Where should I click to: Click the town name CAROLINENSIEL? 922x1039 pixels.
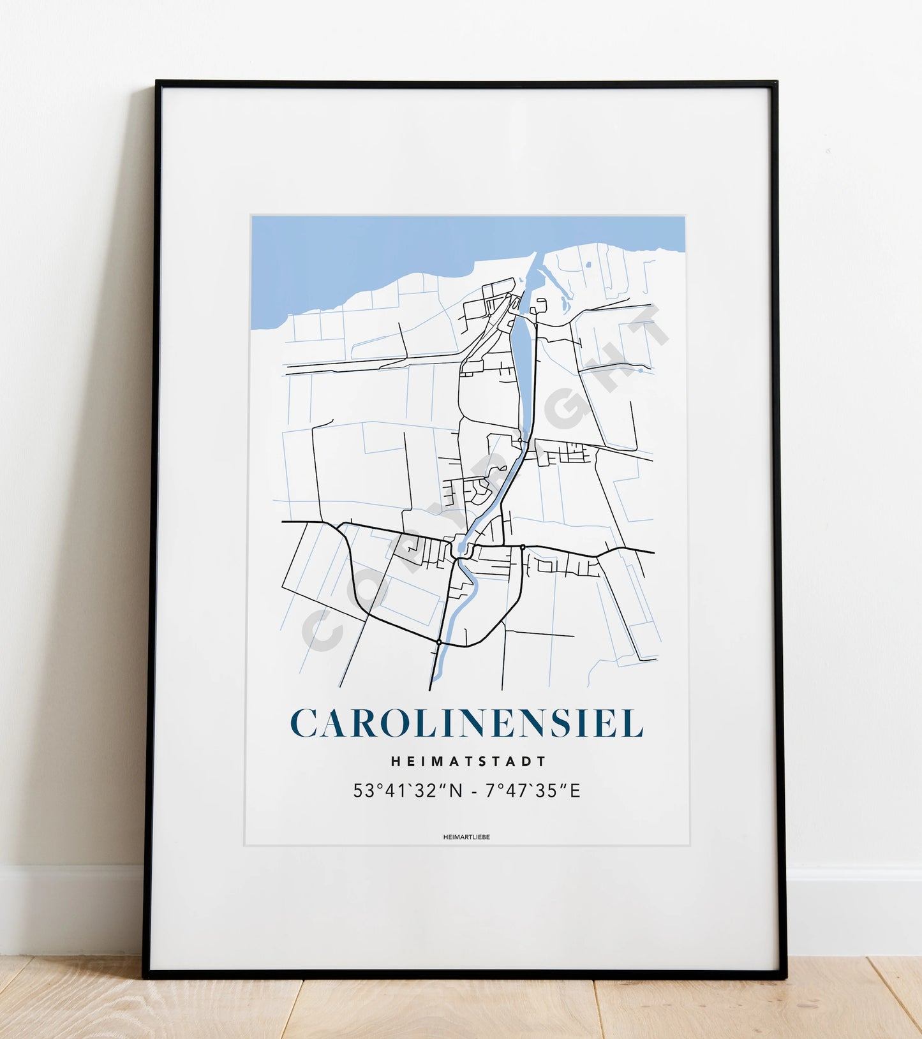coord(466,723)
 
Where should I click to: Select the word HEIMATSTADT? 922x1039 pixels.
coord(468,761)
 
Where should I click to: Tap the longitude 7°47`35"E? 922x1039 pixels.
coord(533,791)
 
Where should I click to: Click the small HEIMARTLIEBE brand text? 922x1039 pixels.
coord(466,837)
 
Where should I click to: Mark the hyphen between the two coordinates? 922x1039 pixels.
coord(473,792)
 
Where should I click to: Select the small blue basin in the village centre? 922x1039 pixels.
coord(461,549)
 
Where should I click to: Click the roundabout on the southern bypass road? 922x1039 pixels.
coord(439,641)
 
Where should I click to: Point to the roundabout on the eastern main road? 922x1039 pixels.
coord(522,547)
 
